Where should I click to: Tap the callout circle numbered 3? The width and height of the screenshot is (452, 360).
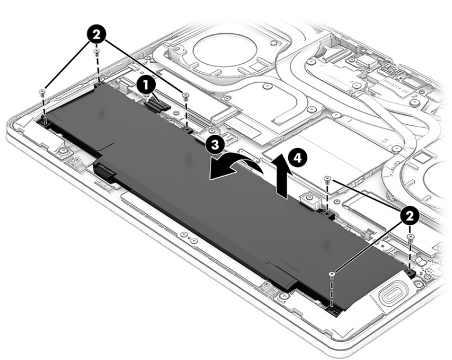pos(215,145)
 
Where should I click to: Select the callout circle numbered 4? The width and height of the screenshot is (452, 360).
pos(298,158)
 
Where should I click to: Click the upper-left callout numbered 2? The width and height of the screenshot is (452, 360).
pos(97,35)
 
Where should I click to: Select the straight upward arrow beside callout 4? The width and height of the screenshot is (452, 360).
pos(282,176)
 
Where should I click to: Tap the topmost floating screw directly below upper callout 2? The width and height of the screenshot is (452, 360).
pos(97,52)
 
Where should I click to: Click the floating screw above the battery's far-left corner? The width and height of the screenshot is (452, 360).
pos(43,92)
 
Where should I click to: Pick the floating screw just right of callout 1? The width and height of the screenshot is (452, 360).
pos(185,95)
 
